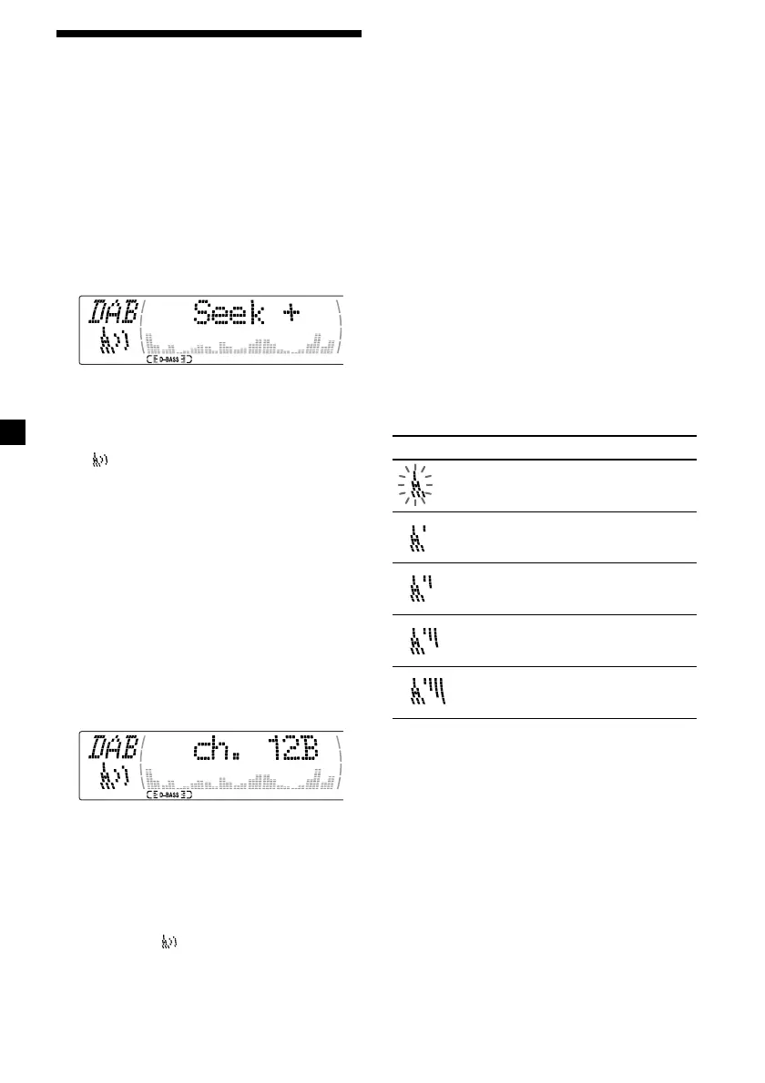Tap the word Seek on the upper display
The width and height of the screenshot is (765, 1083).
pos(228,315)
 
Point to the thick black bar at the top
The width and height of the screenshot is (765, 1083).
pos(209,35)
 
